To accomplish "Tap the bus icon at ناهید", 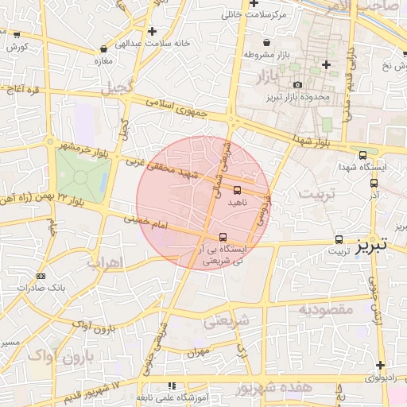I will [x=238, y=190].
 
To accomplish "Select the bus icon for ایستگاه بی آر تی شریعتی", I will [x=223, y=237].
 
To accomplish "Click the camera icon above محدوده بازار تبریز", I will [x=297, y=84].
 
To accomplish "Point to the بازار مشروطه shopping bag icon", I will [x=266, y=43].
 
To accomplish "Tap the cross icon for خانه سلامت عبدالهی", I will [x=152, y=31].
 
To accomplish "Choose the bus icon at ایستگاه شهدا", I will [x=363, y=156].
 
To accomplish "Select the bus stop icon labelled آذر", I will [x=374, y=183].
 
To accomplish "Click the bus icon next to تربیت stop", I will [x=339, y=239].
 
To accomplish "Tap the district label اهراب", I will [x=103, y=262].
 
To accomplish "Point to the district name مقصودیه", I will [x=325, y=309].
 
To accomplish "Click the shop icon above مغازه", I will [x=103, y=49].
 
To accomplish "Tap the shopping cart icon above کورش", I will [x=17, y=35].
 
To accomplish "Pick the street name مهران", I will [x=200, y=350].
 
